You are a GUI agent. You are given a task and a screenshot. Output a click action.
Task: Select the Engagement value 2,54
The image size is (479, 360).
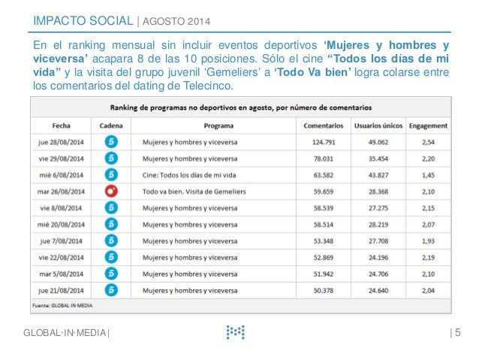pyautogui.click(x=428, y=141)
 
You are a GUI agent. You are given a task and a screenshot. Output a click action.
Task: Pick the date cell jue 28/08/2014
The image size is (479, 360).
pyautogui.click(x=61, y=141)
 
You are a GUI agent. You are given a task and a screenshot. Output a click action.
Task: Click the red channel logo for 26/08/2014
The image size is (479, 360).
pyautogui.click(x=110, y=191)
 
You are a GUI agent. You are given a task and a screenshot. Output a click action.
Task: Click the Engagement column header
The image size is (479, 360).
pyautogui.click(x=428, y=125)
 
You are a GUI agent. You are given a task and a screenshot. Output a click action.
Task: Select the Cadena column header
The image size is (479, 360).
pyautogui.click(x=110, y=125)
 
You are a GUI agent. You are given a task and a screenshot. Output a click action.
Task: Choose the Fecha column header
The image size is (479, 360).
pyautogui.click(x=61, y=125)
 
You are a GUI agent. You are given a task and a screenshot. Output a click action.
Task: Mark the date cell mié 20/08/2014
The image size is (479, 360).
pyautogui.click(x=61, y=224)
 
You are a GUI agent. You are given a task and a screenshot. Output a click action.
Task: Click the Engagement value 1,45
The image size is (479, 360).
pyautogui.click(x=428, y=174)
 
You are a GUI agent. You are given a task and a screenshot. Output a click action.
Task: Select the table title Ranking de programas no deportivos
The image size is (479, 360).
pyautogui.click(x=240, y=108)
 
